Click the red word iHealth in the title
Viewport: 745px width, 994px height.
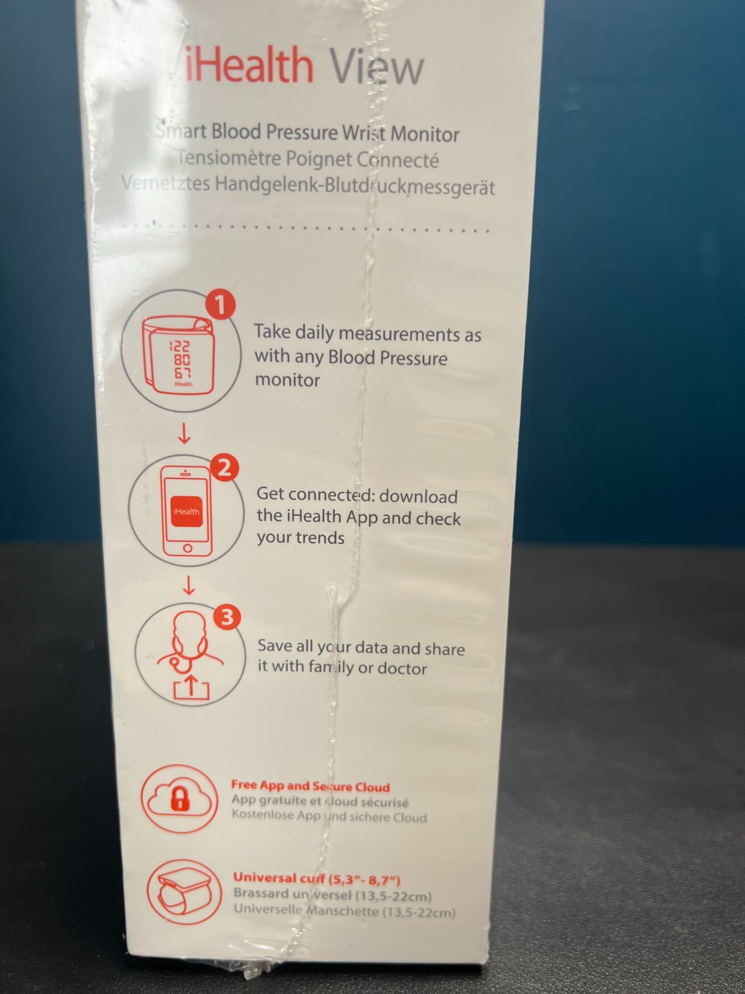coord(248,65)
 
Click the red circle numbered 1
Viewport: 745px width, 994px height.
coord(220,305)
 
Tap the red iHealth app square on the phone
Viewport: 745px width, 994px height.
coord(187,511)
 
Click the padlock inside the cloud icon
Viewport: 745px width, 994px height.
coord(180,799)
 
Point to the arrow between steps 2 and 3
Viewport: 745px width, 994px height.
coord(189,585)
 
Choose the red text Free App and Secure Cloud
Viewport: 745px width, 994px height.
coord(311,786)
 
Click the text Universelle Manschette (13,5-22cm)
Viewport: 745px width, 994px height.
coord(344,911)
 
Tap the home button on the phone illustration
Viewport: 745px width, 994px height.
coord(188,548)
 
